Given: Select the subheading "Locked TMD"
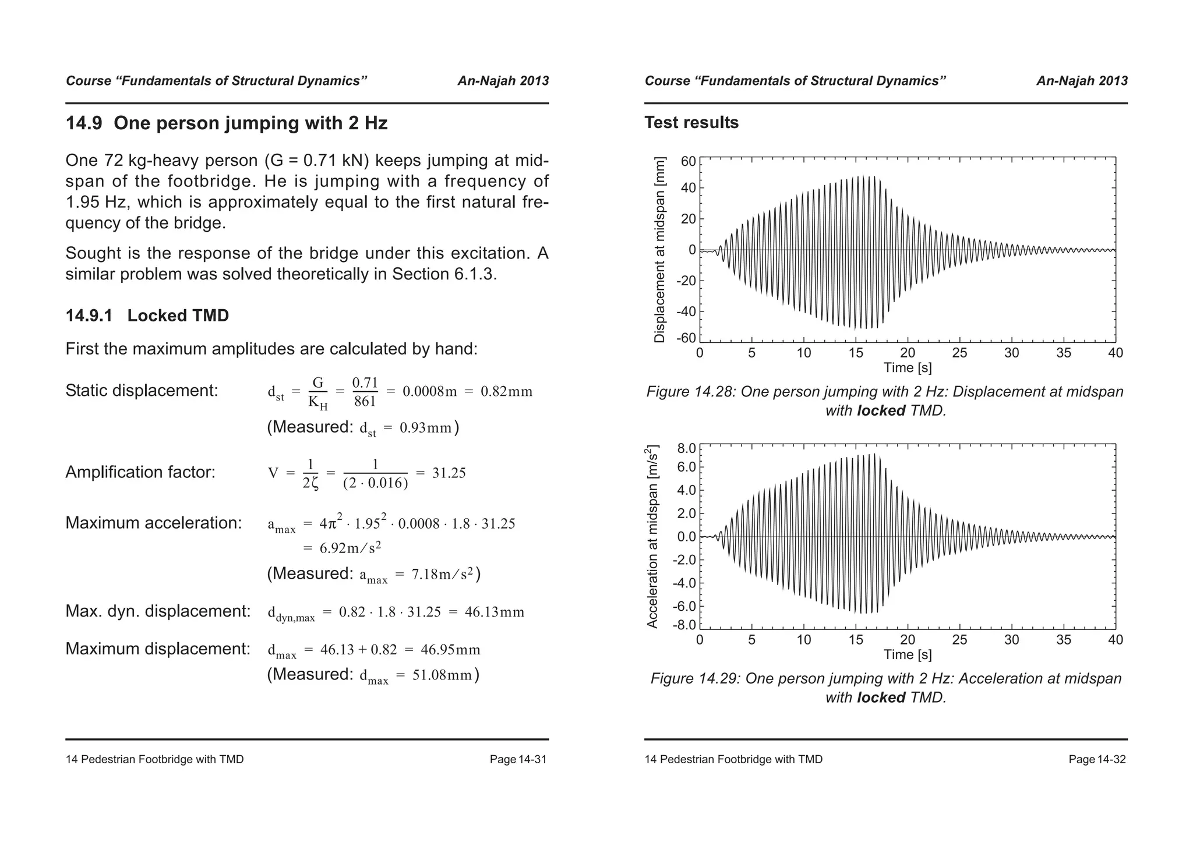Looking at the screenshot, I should pyautogui.click(x=178, y=316).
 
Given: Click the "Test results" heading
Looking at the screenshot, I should pyautogui.click(x=691, y=123).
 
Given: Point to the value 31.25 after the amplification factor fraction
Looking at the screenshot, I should pyautogui.click(x=449, y=473).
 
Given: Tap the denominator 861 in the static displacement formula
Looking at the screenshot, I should pyautogui.click(x=365, y=402).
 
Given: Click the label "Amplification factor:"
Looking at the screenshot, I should pyautogui.click(x=140, y=472).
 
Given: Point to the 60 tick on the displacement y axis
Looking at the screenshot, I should pyautogui.click(x=689, y=161).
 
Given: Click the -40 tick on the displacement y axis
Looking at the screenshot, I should pyautogui.click(x=686, y=311).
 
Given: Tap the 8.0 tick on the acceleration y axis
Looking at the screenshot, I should pyautogui.click(x=686, y=448).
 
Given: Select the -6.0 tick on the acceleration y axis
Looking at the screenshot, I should pyautogui.click(x=684, y=607).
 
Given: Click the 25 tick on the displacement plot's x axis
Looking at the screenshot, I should pyautogui.click(x=959, y=353).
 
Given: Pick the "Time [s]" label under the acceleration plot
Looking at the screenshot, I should pyautogui.click(x=907, y=654).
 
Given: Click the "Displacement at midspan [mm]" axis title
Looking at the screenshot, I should pyautogui.click(x=659, y=250).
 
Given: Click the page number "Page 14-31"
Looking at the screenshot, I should pyautogui.click(x=518, y=760).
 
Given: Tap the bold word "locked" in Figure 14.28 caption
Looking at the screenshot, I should pyautogui.click(x=881, y=411).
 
